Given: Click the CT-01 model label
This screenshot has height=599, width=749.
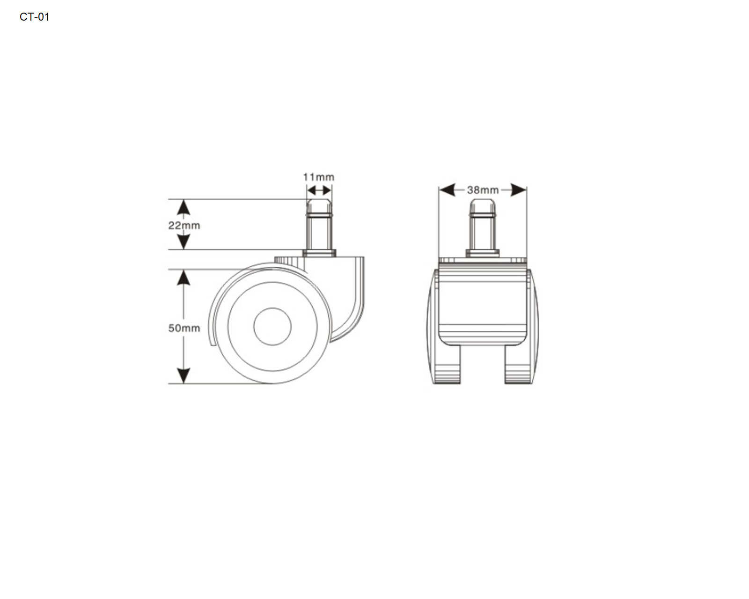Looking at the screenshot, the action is (x=35, y=17).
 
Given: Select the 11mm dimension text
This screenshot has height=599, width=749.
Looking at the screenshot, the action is (x=318, y=177).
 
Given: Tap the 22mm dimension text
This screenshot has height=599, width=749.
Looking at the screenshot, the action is (x=184, y=226).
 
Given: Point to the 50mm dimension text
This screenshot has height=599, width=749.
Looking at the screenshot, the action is (x=184, y=328).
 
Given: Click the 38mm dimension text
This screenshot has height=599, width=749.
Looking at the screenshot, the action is (x=483, y=190).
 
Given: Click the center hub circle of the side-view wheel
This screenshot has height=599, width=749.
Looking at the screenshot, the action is (x=272, y=327).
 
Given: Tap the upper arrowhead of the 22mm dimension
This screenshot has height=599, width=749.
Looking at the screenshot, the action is (x=184, y=207).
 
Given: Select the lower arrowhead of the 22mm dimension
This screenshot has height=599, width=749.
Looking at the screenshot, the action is (x=184, y=242).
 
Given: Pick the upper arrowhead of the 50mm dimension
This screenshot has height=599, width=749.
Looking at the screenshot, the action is (x=184, y=278).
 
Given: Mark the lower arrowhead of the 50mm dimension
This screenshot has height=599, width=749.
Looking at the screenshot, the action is (x=184, y=376).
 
